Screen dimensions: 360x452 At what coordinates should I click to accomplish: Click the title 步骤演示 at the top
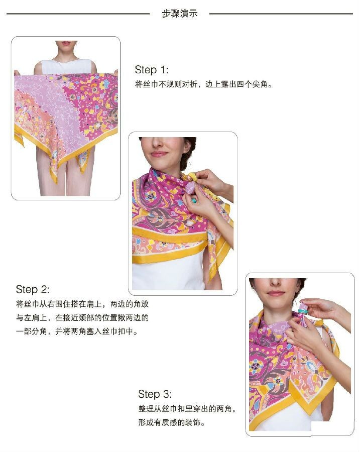pos(180,13)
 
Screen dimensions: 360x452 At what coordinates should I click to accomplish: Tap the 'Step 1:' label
pos(152,70)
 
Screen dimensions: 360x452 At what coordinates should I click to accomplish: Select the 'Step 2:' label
pos(33,289)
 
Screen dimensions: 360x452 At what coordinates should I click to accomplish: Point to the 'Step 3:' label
pos(155,394)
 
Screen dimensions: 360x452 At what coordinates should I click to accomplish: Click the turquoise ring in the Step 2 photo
pos(194,200)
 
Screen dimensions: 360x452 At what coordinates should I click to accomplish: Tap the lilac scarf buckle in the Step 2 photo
pos(192,187)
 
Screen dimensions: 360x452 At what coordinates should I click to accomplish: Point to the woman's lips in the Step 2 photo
pos(159,154)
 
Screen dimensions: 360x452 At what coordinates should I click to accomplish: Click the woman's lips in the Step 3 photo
pos(276,294)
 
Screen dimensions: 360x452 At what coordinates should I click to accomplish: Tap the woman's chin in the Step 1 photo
pos(66,50)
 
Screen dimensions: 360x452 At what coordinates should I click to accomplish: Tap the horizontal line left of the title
pos(78,14)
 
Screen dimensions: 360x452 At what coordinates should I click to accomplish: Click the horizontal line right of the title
pos(281,14)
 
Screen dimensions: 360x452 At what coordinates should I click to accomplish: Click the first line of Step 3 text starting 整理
pos(187,409)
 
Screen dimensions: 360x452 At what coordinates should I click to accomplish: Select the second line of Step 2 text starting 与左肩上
pos(82,318)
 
